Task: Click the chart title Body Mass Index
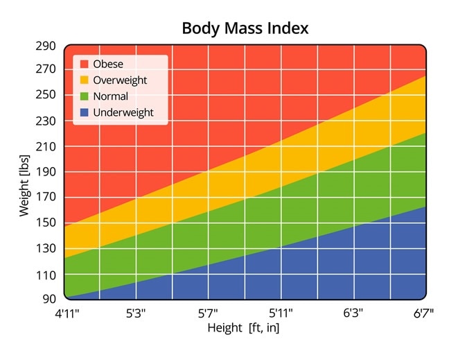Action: [x=245, y=28]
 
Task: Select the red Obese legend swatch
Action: [x=85, y=64]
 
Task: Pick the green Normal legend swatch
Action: [x=85, y=96]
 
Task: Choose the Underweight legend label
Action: [x=123, y=112]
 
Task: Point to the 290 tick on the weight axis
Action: [x=46, y=46]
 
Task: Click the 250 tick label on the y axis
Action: [x=46, y=95]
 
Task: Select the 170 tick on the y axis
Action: [x=46, y=198]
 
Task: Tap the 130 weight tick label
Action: [x=46, y=249]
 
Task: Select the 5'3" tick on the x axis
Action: [x=136, y=313]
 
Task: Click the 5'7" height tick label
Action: [x=209, y=313]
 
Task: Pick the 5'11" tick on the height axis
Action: [x=281, y=313]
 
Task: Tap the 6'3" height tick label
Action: [x=353, y=313]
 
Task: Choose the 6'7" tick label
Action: [x=423, y=313]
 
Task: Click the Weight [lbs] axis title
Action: [x=24, y=172]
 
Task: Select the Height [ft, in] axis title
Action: [x=243, y=328]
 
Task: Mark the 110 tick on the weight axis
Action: [x=46, y=275]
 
